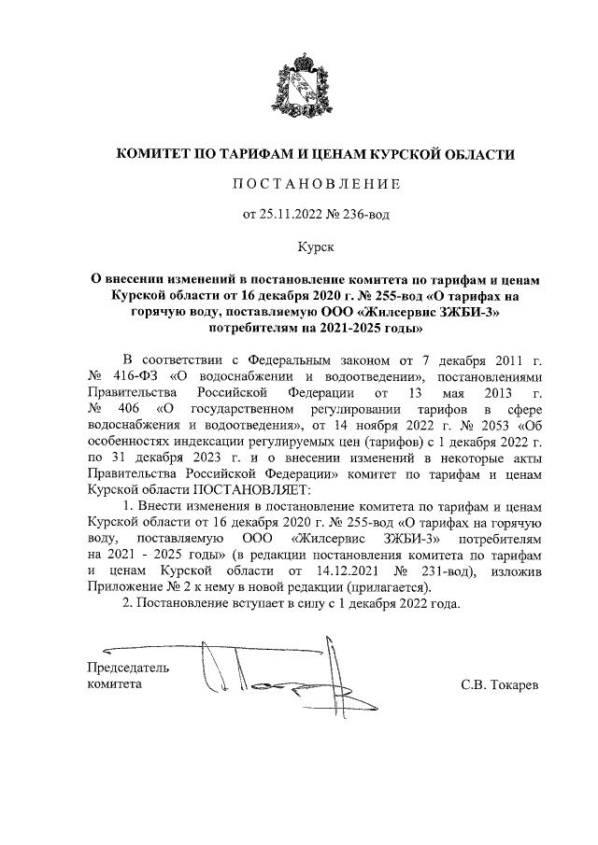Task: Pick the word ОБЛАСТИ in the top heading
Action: coord(476,152)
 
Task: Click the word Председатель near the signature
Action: coord(128,668)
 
